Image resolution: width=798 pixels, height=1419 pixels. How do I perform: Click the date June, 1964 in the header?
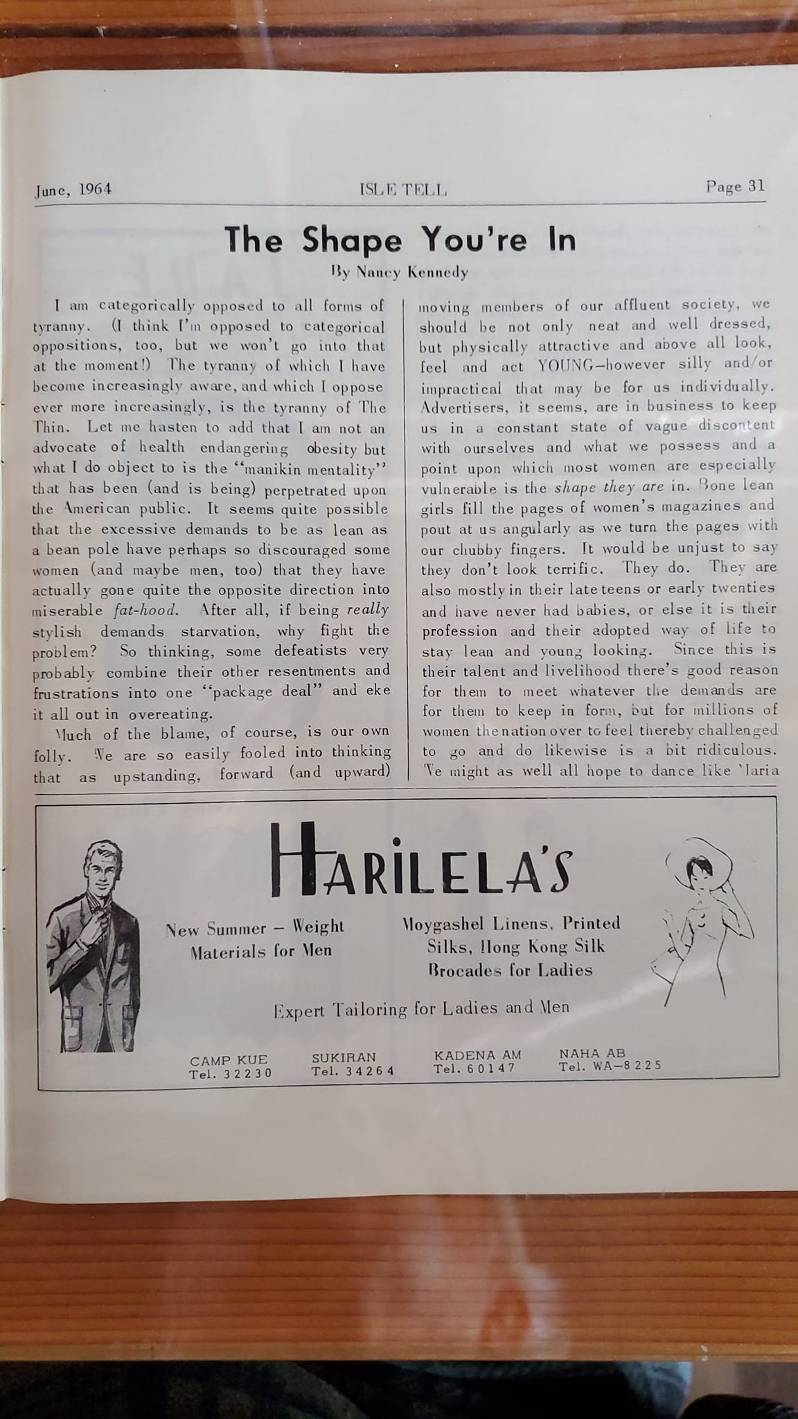tap(73, 189)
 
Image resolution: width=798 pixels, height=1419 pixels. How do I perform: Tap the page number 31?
tap(735, 186)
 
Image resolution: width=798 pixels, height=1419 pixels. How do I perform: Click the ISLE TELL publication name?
tap(403, 190)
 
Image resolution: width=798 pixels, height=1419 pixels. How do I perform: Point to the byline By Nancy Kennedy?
tap(400, 272)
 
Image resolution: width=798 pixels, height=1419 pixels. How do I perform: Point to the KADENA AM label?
tap(477, 1055)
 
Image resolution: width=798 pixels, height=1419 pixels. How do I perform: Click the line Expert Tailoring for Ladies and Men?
tap(421, 1009)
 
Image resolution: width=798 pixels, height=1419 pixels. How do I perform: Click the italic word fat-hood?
tap(145, 611)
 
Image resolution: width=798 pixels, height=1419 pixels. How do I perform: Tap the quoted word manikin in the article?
tap(260, 469)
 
